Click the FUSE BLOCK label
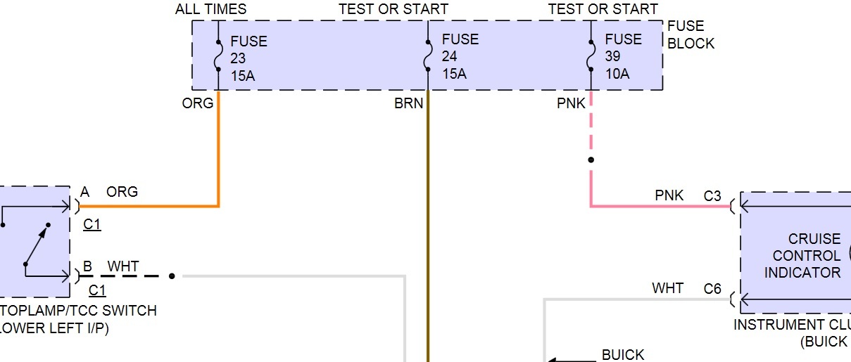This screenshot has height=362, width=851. pos(691,35)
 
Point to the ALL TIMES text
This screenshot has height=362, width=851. pos(211,9)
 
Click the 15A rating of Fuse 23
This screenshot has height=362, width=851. pos(242,75)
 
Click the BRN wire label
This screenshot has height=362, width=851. pos(409,104)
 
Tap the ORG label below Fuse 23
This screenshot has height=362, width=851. pos(198,104)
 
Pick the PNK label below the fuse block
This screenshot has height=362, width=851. pos(571,104)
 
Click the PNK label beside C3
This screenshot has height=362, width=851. pos(669,195)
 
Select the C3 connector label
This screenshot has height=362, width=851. pos(712,196)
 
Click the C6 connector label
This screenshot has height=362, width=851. pos(712,288)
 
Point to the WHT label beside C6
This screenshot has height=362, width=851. pos(667,288)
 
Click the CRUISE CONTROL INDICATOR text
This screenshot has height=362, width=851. pos(802,256)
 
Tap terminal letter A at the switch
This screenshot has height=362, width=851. pos(85,192)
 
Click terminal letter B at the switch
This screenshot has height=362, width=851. pos(87,267)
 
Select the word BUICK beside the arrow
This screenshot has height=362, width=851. pos(623,355)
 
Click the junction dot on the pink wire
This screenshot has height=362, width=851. pos(591,160)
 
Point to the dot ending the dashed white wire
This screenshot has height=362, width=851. pos(172,276)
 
